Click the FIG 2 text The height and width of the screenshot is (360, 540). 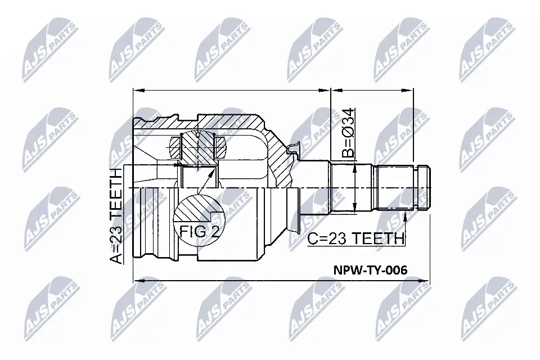pyautogui.click(x=200, y=231)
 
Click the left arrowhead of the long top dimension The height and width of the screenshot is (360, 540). pyautogui.click(x=137, y=89)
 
